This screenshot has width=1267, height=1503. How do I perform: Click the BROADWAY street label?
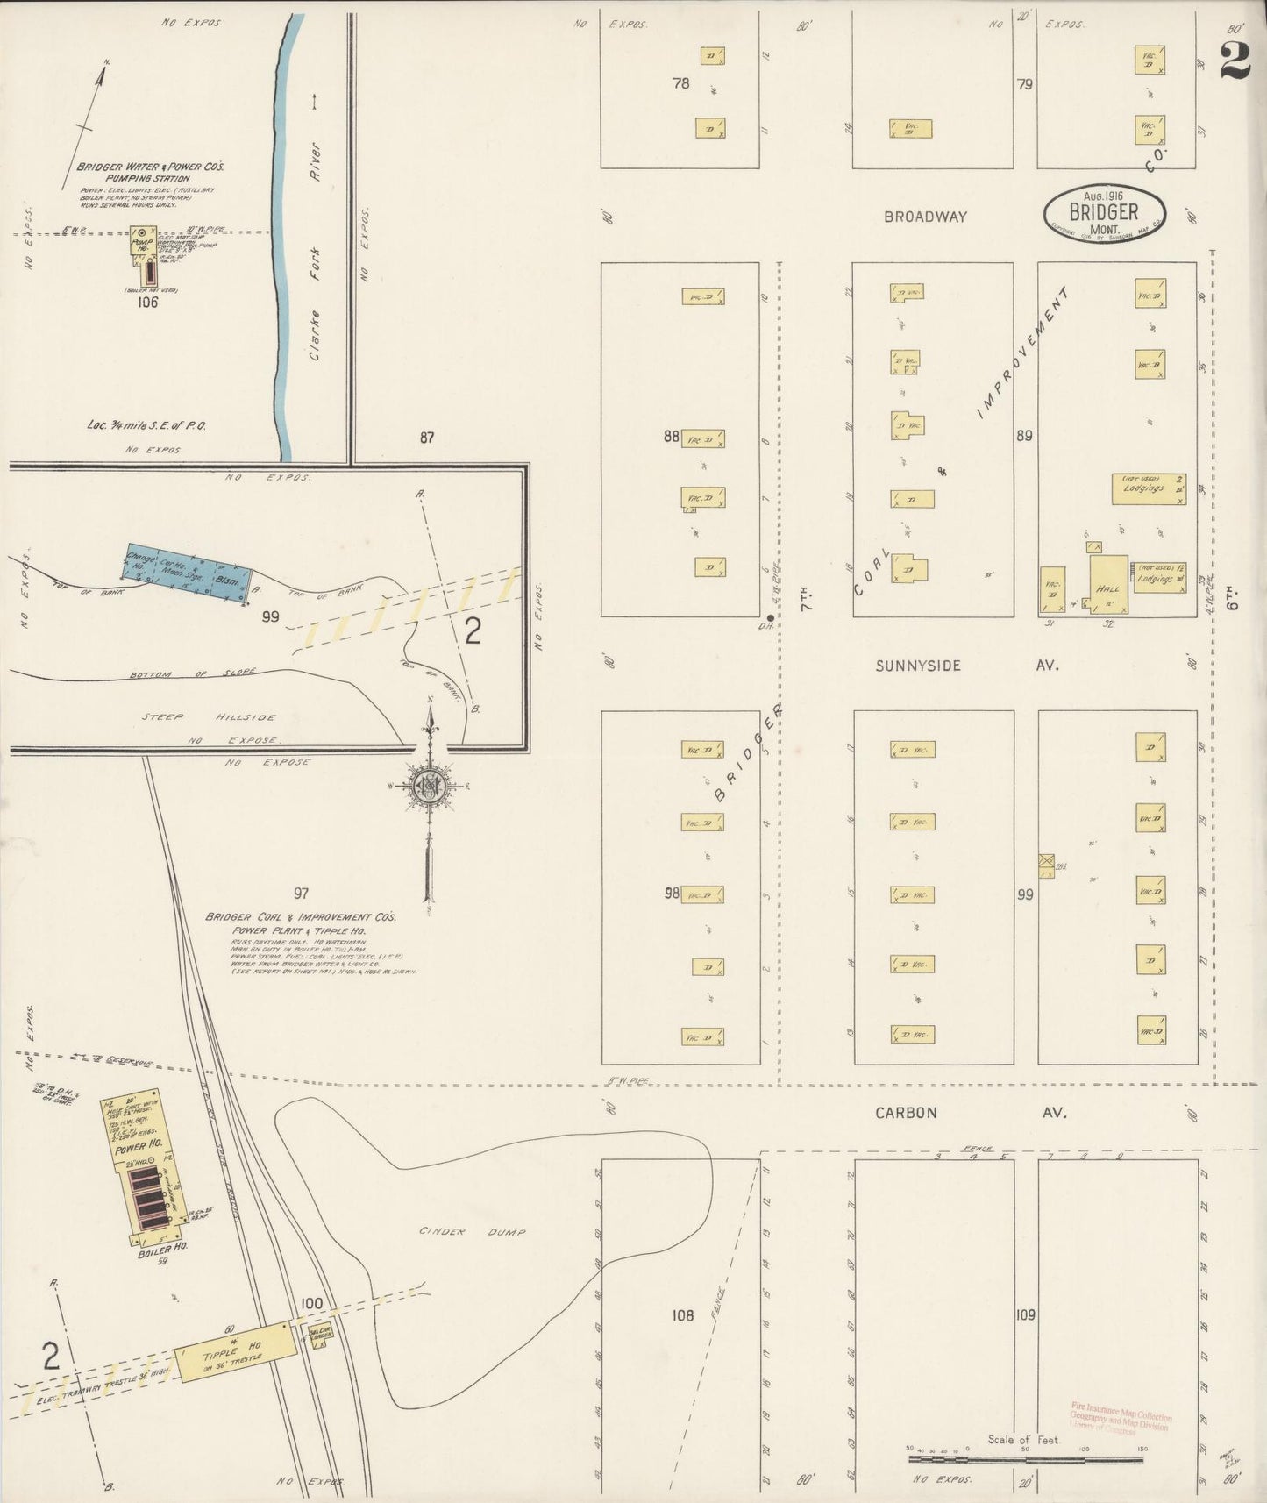pos(925,217)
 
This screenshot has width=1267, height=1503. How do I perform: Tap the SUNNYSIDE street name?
pos(918,666)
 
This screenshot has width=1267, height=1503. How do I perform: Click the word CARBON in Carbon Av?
pos(906,1113)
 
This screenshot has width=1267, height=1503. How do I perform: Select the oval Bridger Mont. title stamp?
pos(1105,213)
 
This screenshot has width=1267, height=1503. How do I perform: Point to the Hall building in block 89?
pos(1108,582)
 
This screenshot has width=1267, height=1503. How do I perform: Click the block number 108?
pos(681,1314)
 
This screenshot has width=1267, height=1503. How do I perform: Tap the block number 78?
pos(680,84)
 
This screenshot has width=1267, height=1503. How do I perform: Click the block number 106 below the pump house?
pos(146,303)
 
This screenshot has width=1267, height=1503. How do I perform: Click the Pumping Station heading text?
pos(142,178)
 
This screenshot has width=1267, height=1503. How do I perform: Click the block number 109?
pos(1025,1314)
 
